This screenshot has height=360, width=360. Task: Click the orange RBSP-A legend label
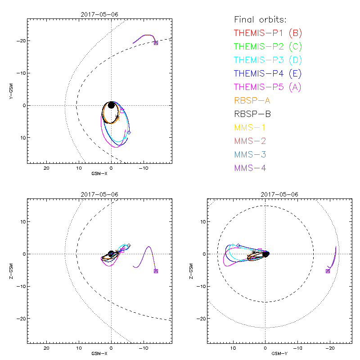[x=252, y=100]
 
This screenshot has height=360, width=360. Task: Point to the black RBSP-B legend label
[x=252, y=114]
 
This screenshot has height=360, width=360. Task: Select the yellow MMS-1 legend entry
[x=250, y=127]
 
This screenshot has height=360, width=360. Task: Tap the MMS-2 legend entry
[x=250, y=141]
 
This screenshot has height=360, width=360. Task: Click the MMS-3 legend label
[x=250, y=154]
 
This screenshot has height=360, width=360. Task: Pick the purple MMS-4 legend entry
[x=250, y=168]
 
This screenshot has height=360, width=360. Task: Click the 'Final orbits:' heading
[x=260, y=19]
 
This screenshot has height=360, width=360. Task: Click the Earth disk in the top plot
[x=111, y=105]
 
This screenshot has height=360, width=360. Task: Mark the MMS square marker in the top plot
[x=156, y=43]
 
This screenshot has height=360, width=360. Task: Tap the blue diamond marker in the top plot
[x=129, y=132]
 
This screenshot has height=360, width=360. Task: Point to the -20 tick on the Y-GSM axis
[x=20, y=41]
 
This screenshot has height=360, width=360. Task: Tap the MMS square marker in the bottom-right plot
[x=328, y=271]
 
